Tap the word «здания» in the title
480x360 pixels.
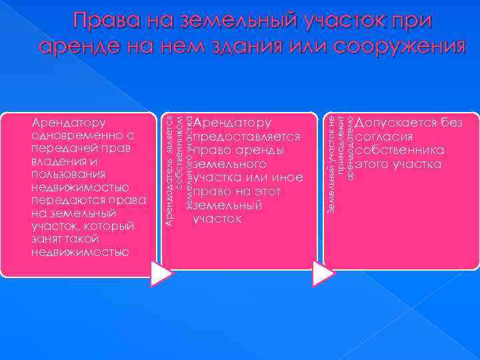243,47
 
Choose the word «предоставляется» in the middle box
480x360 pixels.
246,136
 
